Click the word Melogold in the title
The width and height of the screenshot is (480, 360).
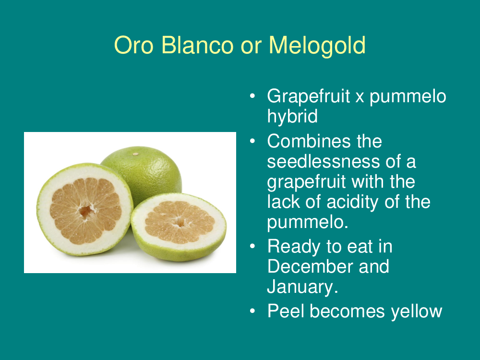pyautogui.click(x=317, y=46)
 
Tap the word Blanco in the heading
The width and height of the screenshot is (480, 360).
pyautogui.click(x=197, y=45)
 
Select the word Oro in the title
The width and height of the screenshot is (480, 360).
pyautogui.click(x=133, y=45)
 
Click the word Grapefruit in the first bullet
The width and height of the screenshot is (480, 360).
pyautogui.click(x=309, y=96)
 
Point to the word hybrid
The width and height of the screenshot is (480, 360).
pyautogui.click(x=292, y=116)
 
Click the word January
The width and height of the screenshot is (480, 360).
pyautogui.click(x=302, y=287)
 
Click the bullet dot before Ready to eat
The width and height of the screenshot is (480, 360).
pyautogui.click(x=252, y=246)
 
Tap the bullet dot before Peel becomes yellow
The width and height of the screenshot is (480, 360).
pyautogui.click(x=252, y=311)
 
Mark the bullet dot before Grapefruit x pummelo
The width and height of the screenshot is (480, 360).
pyautogui.click(x=252, y=96)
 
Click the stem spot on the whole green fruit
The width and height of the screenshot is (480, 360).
pyautogui.click(x=136, y=154)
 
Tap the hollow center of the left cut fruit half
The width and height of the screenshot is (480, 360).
pyautogui.click(x=85, y=211)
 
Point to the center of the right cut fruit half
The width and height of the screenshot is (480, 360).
pyautogui.click(x=180, y=222)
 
